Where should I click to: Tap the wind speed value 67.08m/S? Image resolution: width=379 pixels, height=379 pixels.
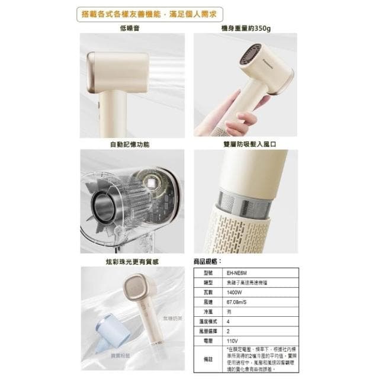coord(237,301)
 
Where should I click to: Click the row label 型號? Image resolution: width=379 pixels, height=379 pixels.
coord(208,273)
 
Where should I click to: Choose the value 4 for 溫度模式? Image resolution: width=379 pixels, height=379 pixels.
coord(229,321)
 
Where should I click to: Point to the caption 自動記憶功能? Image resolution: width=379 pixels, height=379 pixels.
coord(130,144)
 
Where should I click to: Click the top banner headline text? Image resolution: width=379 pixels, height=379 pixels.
coord(189,12)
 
